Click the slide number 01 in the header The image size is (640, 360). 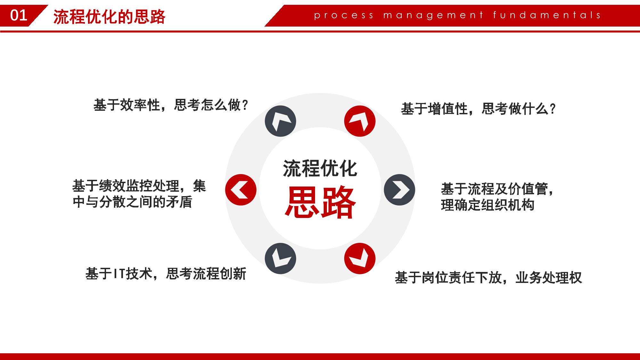pos(19,15)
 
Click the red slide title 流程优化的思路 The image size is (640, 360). pos(109,17)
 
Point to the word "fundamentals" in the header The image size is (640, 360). pos(547,15)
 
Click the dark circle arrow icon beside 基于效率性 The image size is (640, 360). pos(280,121)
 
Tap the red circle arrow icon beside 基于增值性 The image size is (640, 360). pos(360,121)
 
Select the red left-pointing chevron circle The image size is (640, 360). pos(241,190)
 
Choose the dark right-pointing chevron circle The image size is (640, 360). pos(399,190)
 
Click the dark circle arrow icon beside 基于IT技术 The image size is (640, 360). pos(280,258)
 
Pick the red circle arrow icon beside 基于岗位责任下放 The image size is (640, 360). pos(360,258)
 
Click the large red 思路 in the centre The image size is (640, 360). pos(320,202)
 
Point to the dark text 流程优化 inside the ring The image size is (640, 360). pos(320,168)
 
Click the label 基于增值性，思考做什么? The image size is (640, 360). pos(479,109)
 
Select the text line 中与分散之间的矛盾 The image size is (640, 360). pos(133,202)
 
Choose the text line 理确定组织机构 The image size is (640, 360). pos(488,205)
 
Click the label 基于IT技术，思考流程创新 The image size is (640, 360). pos(166,274)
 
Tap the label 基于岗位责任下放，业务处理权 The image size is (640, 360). pos(488,277)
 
